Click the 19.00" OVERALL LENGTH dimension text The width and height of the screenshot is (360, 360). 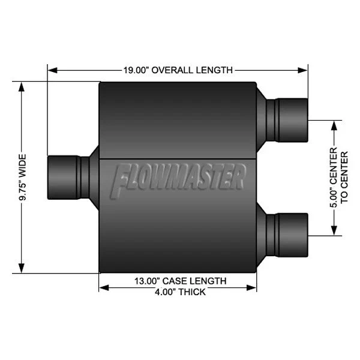178,70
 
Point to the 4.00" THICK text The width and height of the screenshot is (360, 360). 179,292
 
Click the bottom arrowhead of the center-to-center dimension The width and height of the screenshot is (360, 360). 332,231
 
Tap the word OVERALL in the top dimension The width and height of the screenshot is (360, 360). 172,70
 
